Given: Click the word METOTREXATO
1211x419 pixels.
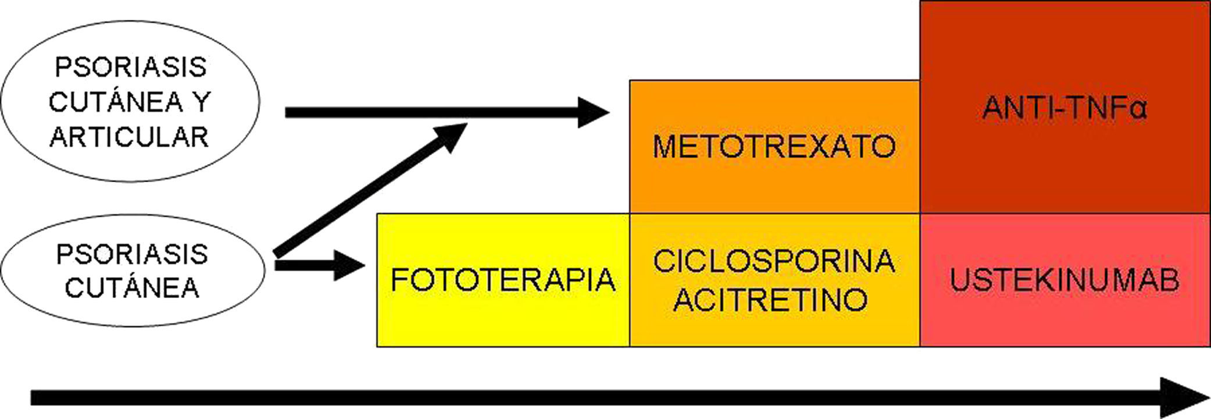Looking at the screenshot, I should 774,146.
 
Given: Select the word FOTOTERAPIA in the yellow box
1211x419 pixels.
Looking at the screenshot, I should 503,280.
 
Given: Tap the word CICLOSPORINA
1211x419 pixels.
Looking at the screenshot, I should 774,261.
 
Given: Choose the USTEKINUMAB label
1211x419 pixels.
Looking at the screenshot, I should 1064,280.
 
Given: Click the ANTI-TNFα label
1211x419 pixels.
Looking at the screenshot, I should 1064,108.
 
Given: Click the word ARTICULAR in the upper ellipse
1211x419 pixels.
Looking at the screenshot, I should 129,137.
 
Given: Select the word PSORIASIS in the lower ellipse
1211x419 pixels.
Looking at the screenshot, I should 132,254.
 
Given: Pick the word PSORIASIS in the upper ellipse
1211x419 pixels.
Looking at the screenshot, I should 131,68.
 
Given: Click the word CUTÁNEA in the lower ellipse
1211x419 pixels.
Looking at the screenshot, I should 132,288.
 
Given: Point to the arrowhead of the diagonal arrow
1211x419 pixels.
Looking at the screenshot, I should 451,136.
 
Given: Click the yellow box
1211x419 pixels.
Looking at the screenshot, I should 503,314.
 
